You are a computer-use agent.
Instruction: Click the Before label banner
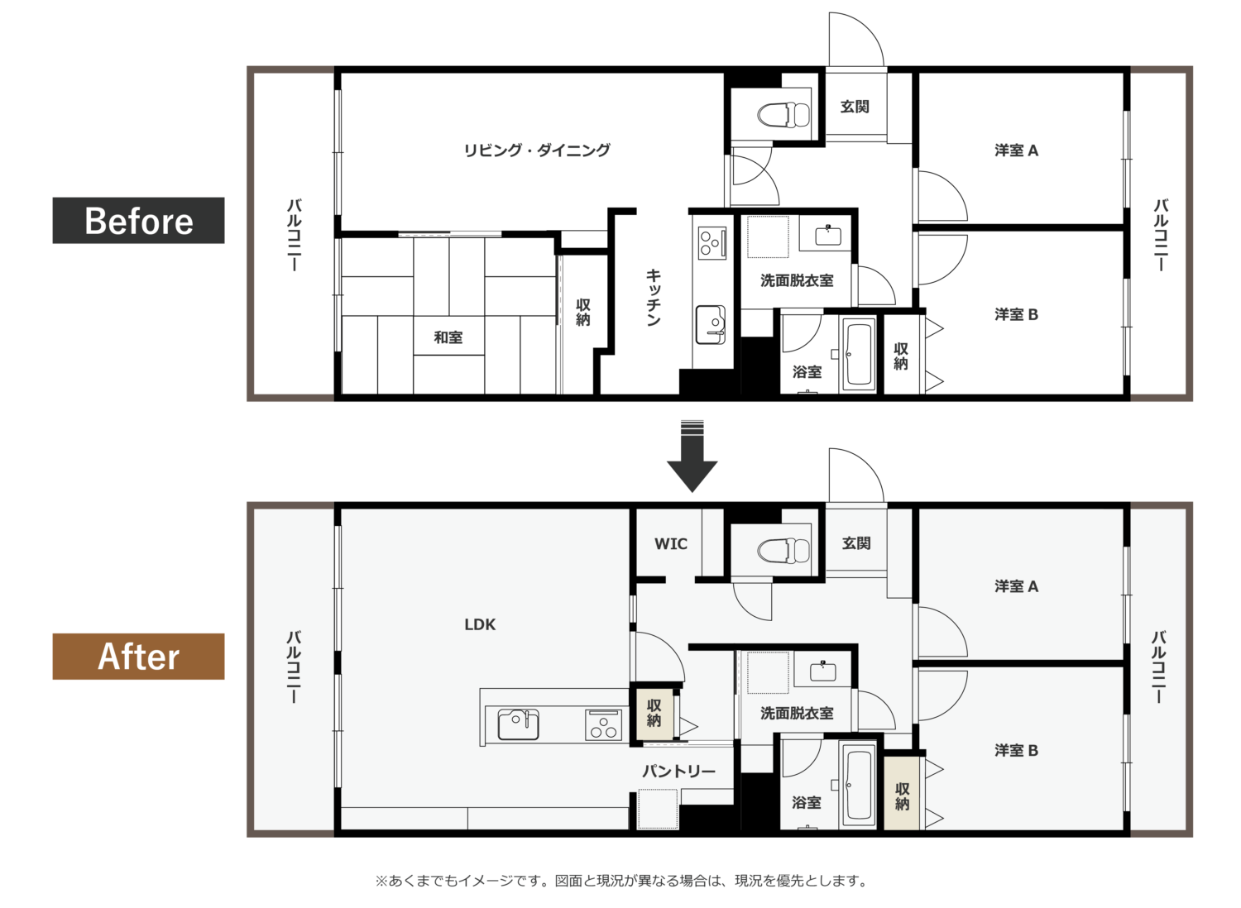[x=138, y=220]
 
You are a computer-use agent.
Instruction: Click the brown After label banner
[x=138, y=657]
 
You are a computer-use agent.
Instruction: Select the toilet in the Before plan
[x=783, y=115]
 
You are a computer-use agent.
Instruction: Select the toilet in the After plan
[x=783, y=551]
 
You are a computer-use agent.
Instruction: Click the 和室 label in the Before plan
[x=448, y=337]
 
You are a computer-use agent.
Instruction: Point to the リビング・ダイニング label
[x=537, y=150]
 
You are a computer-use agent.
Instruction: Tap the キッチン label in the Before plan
[x=654, y=298]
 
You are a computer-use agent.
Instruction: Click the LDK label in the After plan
[x=480, y=624]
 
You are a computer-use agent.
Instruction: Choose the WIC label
[x=671, y=543]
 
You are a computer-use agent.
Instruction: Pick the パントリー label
[x=678, y=772]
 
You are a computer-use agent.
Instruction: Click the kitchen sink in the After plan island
[x=518, y=724]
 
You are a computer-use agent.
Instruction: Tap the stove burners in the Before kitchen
[x=712, y=242]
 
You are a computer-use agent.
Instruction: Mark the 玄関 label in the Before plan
[x=855, y=107]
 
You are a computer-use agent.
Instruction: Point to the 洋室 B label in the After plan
[x=1016, y=750]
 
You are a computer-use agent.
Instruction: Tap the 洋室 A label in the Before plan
[x=1016, y=150]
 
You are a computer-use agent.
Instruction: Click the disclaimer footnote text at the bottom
[x=620, y=881]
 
